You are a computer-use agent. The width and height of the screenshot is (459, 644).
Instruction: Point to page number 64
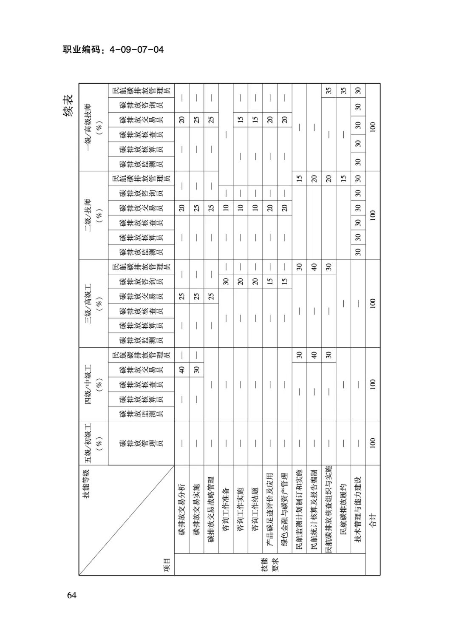click(x=72, y=595)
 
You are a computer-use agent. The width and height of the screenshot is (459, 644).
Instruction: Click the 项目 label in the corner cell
click(x=167, y=565)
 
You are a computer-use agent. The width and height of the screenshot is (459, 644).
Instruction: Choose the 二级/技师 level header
click(x=93, y=215)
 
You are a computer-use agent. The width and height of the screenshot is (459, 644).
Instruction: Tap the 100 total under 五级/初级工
click(x=373, y=443)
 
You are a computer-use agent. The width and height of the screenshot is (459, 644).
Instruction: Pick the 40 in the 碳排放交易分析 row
click(x=181, y=369)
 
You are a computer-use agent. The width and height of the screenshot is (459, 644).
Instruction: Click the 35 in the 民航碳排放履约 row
click(x=343, y=91)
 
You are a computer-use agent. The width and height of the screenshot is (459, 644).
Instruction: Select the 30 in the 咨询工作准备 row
click(x=226, y=281)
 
